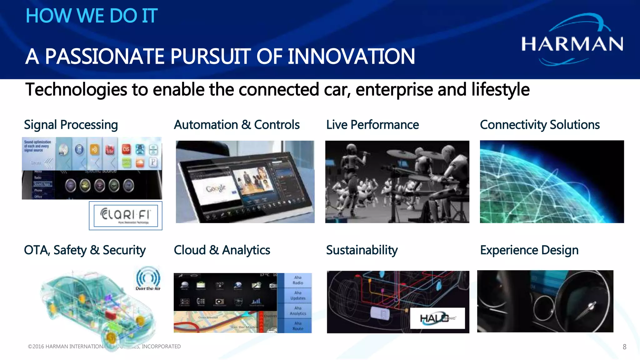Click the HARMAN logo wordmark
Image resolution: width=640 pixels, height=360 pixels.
tap(572, 44)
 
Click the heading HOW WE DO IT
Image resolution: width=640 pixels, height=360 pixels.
tap(92, 16)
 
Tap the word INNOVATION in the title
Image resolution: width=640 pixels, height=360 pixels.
tap(351, 57)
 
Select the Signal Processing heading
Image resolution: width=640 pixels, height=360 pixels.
tap(71, 125)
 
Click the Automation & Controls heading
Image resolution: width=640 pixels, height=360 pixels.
tap(237, 125)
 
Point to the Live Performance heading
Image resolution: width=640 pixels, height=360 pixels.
tap(372, 125)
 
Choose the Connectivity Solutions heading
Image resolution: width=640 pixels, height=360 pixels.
tap(540, 125)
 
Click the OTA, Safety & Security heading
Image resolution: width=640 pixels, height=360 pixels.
tap(85, 250)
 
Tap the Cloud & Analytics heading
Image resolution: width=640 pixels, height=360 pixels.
tap(222, 250)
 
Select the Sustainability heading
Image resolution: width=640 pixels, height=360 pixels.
tap(362, 250)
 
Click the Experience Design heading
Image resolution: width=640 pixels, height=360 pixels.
tap(529, 250)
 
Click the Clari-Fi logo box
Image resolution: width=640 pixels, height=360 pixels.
tap(126, 216)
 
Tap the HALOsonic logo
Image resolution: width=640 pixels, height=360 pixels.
tap(437, 318)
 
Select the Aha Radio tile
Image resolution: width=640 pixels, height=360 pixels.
tap(298, 280)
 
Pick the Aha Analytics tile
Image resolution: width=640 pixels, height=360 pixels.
tap(298, 311)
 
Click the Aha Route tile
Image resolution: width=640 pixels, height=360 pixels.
tap(298, 326)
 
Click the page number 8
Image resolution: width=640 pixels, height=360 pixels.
tap(624, 347)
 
